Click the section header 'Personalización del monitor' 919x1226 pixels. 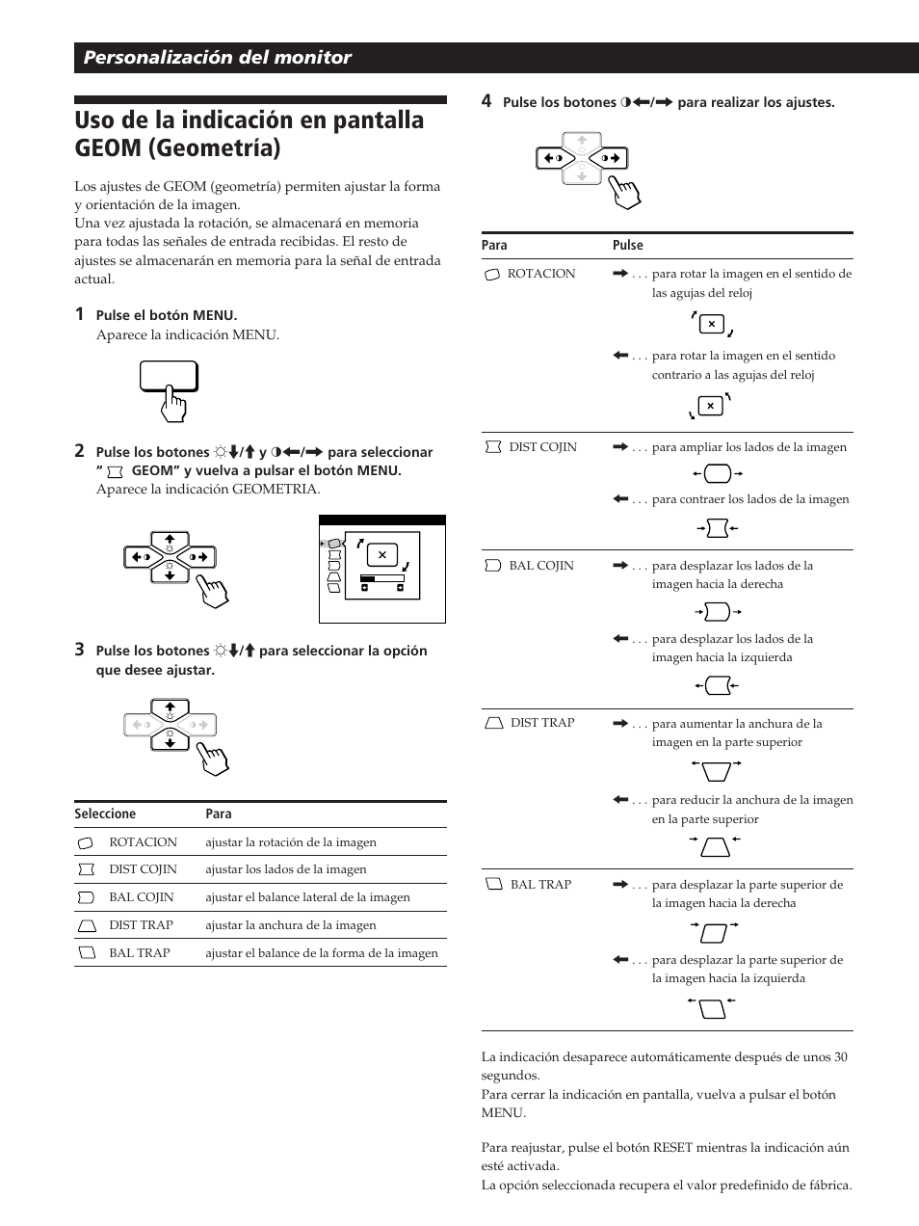(x=217, y=58)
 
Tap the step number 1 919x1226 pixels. (x=79, y=314)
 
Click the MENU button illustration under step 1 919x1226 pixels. (x=169, y=377)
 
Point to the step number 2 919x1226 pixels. (x=79, y=451)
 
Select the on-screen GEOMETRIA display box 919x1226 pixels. (x=382, y=569)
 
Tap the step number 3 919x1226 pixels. (x=79, y=650)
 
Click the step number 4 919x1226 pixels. (x=486, y=101)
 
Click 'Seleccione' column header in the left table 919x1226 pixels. (x=105, y=814)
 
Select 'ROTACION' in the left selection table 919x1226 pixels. (x=143, y=842)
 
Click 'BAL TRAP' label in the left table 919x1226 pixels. (x=139, y=953)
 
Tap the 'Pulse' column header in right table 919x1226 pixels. (x=627, y=246)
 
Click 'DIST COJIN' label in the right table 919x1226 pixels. (x=542, y=447)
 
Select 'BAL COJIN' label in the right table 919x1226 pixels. (x=540, y=566)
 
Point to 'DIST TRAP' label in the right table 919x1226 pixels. (x=541, y=723)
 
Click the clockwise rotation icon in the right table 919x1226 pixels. (x=711, y=324)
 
